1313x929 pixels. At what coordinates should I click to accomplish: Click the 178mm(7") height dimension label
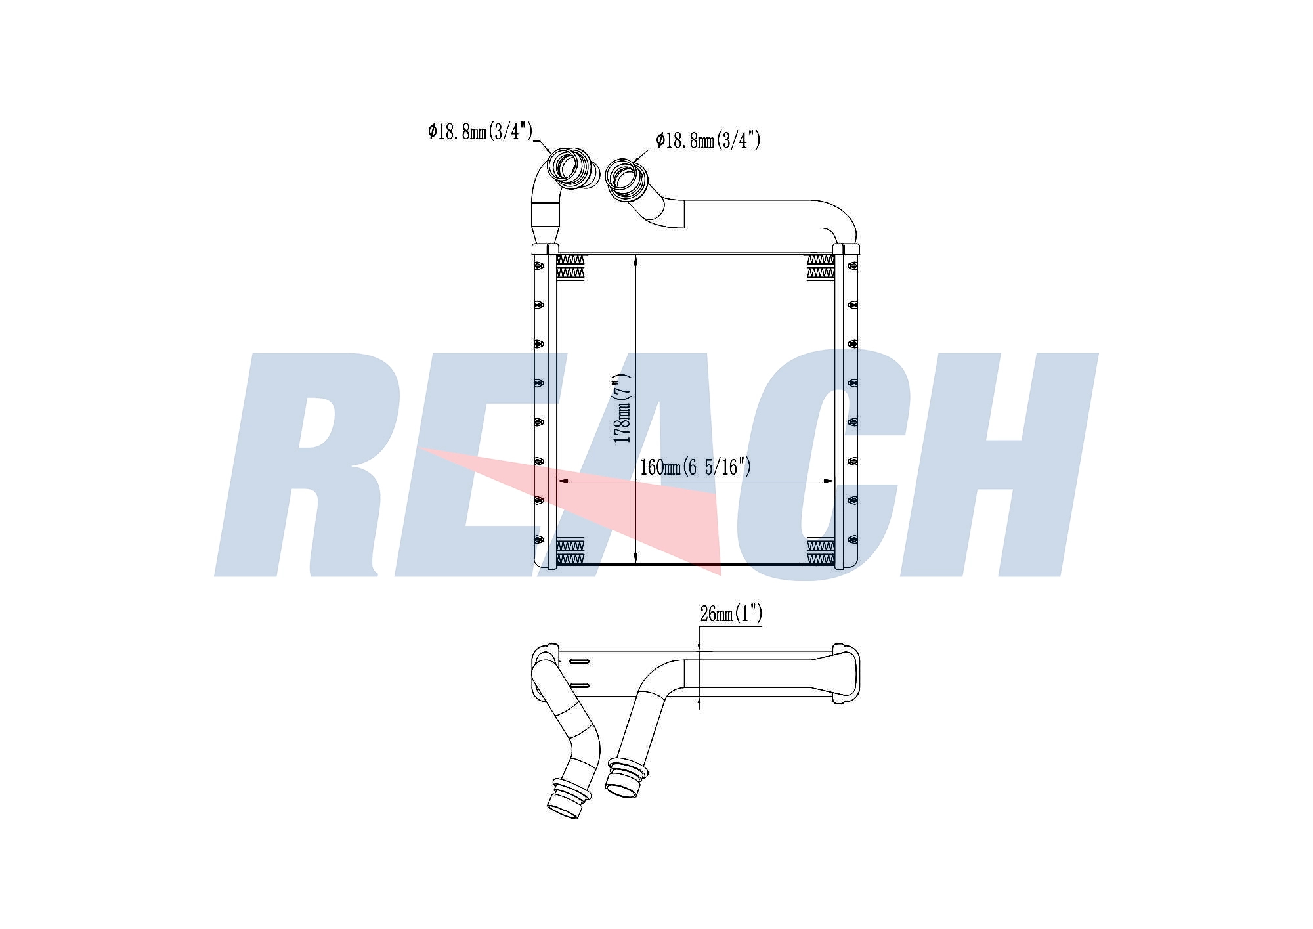tap(622, 408)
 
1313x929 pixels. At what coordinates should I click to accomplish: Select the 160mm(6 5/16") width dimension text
tap(695, 467)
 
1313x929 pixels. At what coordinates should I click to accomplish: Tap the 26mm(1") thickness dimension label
tap(731, 614)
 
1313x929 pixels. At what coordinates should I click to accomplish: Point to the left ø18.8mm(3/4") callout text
tap(480, 131)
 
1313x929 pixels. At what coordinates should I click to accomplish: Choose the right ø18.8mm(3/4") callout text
tap(708, 140)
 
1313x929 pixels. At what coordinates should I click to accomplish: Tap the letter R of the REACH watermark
tap(309, 465)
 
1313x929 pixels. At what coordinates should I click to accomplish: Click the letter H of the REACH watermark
tap(998, 465)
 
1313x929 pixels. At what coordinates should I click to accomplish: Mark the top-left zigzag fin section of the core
tap(570, 267)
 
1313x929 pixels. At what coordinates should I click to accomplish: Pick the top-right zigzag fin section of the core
tap(821, 267)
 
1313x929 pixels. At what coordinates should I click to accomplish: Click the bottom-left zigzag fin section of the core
tap(570, 551)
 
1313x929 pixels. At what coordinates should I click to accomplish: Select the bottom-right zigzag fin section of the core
tap(821, 551)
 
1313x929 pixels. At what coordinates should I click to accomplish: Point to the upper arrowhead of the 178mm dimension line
tap(636, 260)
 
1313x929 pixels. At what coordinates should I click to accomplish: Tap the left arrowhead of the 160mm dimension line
tap(563, 481)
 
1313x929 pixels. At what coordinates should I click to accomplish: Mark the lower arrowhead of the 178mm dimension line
tap(636, 557)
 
